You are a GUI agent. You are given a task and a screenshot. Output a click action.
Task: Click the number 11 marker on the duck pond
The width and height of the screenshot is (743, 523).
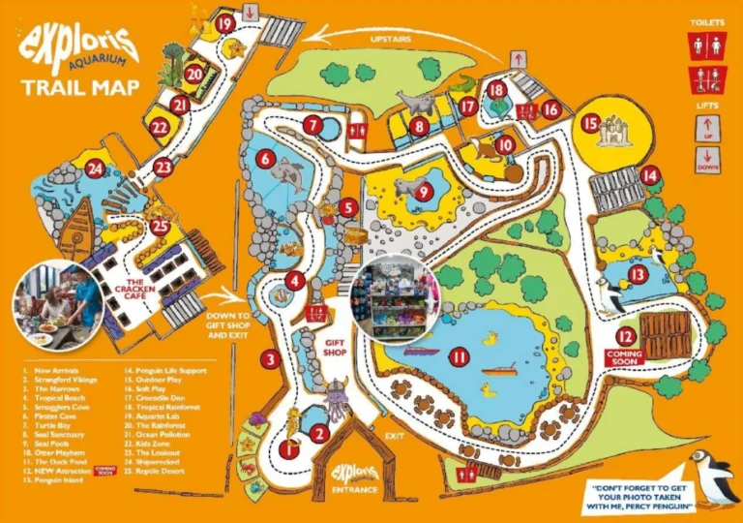pyautogui.click(x=459, y=357)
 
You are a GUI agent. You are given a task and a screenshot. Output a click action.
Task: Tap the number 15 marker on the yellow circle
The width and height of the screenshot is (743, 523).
pyautogui.click(x=590, y=123)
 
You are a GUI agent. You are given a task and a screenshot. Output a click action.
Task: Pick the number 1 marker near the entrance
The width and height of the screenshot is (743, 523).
pyautogui.click(x=287, y=448)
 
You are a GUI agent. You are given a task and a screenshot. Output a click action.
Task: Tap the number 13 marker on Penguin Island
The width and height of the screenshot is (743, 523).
pyautogui.click(x=636, y=274)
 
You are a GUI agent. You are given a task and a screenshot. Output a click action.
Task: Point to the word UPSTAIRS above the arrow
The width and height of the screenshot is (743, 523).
pyautogui.click(x=389, y=39)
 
